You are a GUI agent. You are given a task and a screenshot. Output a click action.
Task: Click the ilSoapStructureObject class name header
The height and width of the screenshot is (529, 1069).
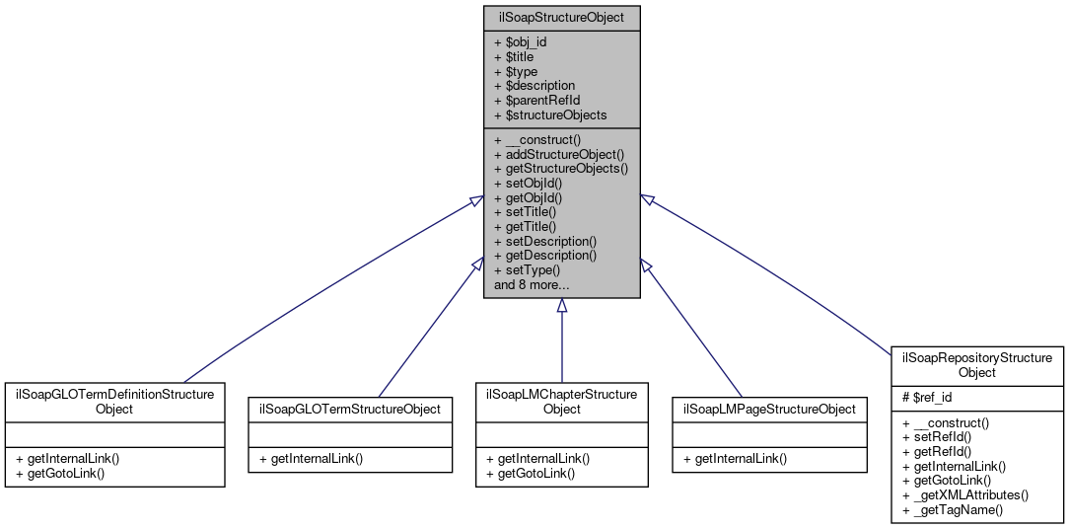(x=561, y=18)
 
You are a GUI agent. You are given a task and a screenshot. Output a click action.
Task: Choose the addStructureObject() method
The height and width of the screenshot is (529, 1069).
(x=559, y=154)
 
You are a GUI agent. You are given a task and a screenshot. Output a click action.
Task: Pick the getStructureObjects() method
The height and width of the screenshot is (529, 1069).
(x=561, y=169)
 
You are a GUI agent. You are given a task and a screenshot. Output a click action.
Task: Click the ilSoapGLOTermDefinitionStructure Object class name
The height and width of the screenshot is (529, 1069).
(x=114, y=401)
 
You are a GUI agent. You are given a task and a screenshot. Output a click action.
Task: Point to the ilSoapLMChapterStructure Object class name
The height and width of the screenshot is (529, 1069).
(x=561, y=401)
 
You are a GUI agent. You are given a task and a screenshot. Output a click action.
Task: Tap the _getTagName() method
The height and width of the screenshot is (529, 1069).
(x=952, y=509)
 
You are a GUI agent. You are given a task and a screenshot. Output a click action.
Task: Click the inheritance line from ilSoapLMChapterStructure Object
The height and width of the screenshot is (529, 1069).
(x=561, y=345)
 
